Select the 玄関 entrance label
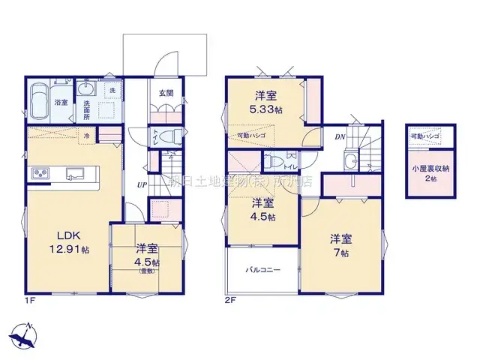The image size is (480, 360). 166,94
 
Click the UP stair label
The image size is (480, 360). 141,184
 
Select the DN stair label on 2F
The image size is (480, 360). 339,136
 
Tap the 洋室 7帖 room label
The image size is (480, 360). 341,245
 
